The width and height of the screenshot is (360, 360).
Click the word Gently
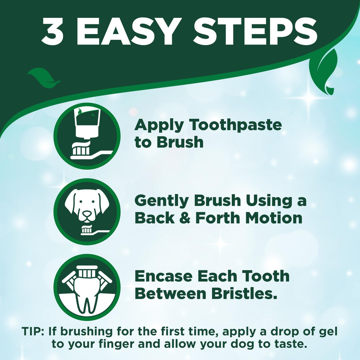(162, 201)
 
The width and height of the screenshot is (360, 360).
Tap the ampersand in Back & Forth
(186, 218)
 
